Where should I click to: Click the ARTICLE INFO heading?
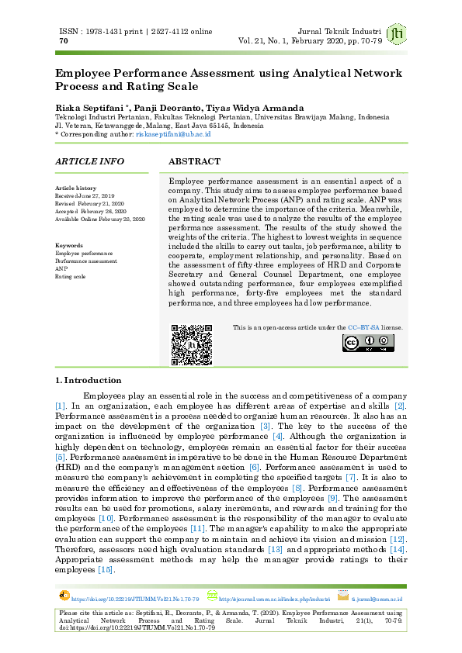(x=89, y=161)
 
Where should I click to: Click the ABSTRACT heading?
(x=194, y=161)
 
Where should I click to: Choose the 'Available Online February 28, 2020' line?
(x=100, y=219)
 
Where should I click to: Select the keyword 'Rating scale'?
(x=70, y=276)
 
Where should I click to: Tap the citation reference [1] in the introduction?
(x=61, y=406)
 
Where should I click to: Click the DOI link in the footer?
(x=135, y=599)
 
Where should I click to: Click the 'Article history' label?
(x=75, y=188)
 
